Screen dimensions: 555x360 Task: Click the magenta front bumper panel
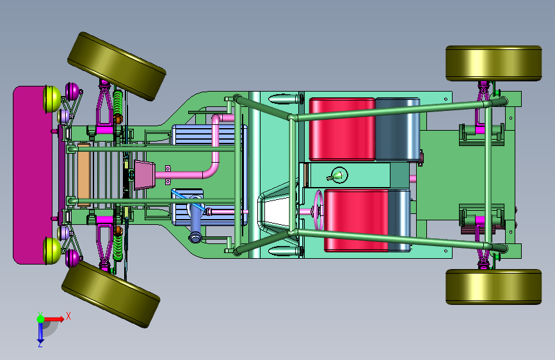tap(32, 175)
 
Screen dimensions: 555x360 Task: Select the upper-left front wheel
tap(117, 66)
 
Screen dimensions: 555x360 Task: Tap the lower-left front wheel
tap(111, 294)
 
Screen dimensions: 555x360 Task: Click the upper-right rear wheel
tap(494, 63)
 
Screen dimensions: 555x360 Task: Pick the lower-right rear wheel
tap(494, 286)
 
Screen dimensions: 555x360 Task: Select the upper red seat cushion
tap(342, 129)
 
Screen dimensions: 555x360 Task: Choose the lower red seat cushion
tap(356, 220)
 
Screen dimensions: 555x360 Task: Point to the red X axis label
tap(68, 316)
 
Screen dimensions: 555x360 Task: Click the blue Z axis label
tap(40, 344)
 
